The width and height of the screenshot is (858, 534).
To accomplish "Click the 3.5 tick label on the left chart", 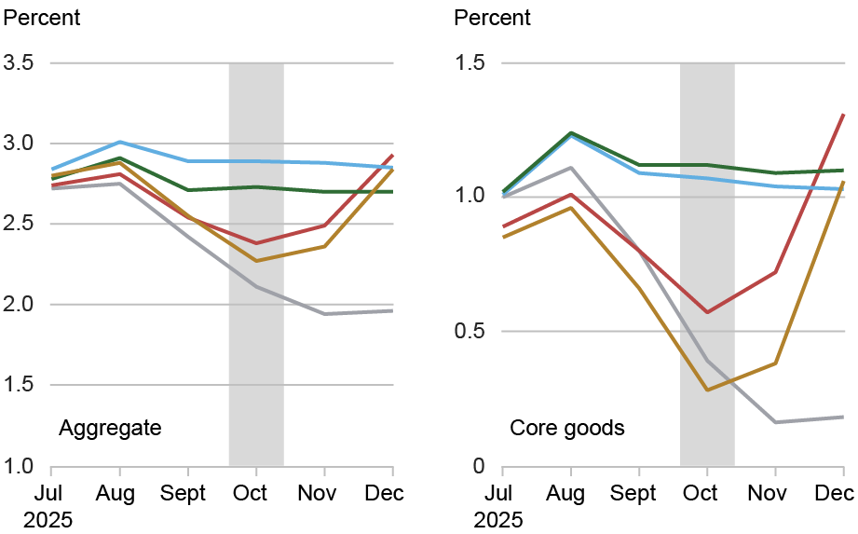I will click(20, 63).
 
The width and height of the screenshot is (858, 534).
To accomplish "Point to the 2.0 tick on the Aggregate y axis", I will click(20, 305).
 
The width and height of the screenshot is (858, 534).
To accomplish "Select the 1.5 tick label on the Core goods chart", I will click(471, 63).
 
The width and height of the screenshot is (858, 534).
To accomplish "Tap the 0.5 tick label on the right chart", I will click(471, 332).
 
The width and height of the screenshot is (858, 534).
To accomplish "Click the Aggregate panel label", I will click(110, 429).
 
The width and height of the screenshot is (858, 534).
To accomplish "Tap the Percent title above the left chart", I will click(43, 18).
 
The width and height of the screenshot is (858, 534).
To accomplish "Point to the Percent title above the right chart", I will click(492, 18).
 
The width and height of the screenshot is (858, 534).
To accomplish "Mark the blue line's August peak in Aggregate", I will click(118, 142).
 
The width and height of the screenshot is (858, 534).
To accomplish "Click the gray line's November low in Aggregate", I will click(324, 314).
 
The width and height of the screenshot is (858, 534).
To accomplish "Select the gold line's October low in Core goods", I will click(707, 390).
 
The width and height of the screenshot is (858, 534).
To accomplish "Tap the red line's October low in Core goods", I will click(707, 312).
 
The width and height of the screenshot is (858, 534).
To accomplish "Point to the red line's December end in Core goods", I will click(844, 114).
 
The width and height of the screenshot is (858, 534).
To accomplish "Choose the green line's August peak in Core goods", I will click(570, 132).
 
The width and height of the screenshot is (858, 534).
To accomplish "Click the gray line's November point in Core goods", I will click(775, 422).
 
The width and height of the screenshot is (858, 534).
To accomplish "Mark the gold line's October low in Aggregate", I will click(256, 261).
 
